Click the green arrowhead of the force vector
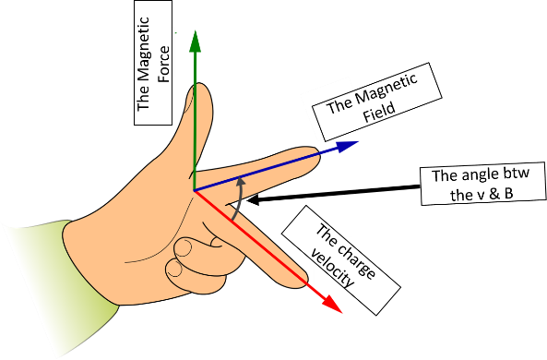pyautogui.click(x=195, y=42)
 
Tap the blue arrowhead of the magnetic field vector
pyautogui.click(x=348, y=146)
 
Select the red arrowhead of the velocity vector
pyautogui.click(x=332, y=304)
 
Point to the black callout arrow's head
pyautogui.click(x=253, y=199)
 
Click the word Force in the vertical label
pyautogui.click(x=163, y=65)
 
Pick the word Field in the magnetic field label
pyautogui.click(x=379, y=113)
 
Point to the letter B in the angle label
pyautogui.click(x=509, y=194)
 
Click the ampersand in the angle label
pyautogui.click(x=494, y=194)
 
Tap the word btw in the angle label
pyautogui.click(x=517, y=173)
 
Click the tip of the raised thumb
pyautogui.click(x=199, y=85)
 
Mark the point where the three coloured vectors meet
pyautogui.click(x=194, y=191)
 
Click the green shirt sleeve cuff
pyautogui.click(x=88, y=265)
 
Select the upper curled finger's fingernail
pyautogui.click(x=184, y=248)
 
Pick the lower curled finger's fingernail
pyautogui.click(x=174, y=270)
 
